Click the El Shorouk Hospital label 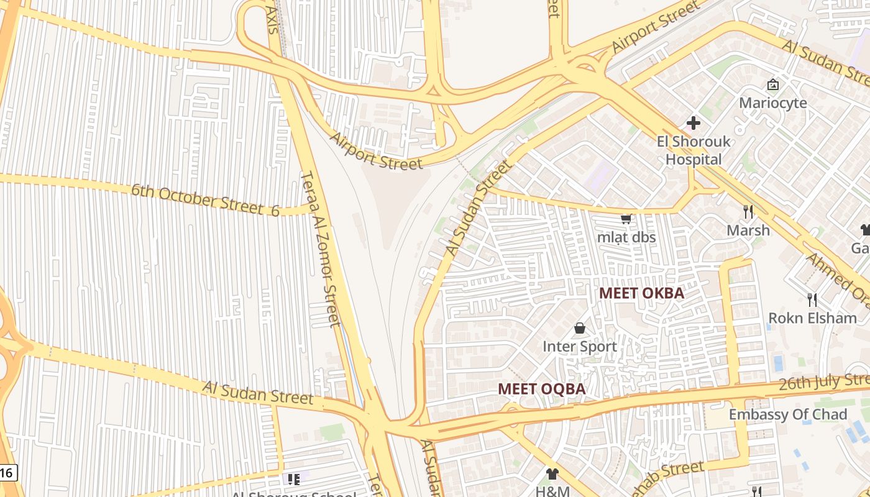click(x=694, y=150)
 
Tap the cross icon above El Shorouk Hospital click(x=694, y=123)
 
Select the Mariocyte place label click(x=772, y=103)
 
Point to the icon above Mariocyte click(x=772, y=84)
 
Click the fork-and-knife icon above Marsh click(x=748, y=212)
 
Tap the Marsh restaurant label click(x=748, y=230)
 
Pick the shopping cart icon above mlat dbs click(x=626, y=219)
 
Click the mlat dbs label click(x=626, y=237)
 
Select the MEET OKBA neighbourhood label click(x=641, y=293)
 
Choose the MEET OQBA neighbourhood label click(x=541, y=389)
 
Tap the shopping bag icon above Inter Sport click(x=580, y=328)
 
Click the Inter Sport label click(x=580, y=347)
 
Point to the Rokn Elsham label click(x=812, y=318)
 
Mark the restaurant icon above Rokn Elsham click(x=812, y=300)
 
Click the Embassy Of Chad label click(x=787, y=414)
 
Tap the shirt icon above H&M click(x=552, y=474)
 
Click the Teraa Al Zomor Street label click(x=321, y=248)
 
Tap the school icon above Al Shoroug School click(x=294, y=479)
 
